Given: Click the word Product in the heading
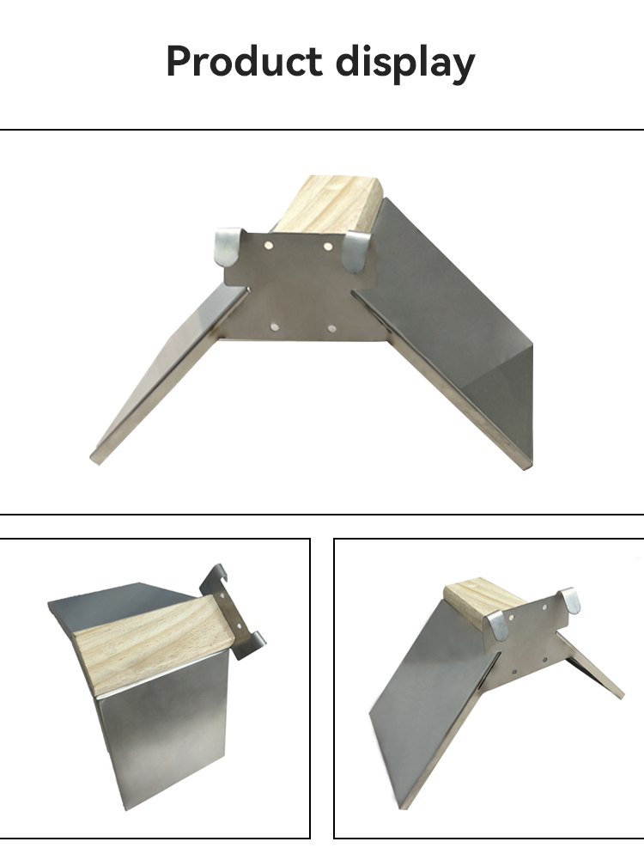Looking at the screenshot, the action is pos(244,61).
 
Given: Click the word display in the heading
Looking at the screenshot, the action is pos(405,63).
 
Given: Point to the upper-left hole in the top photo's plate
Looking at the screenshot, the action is pos(269,246).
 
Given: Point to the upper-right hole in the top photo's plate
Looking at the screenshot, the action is pos(328,247).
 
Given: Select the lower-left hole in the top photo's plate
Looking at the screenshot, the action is pos(275,327).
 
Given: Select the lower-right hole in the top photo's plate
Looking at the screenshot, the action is pos(331,328).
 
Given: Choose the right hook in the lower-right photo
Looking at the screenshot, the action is pos(570,600).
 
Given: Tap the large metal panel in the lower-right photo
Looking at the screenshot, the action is pos(433,708).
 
